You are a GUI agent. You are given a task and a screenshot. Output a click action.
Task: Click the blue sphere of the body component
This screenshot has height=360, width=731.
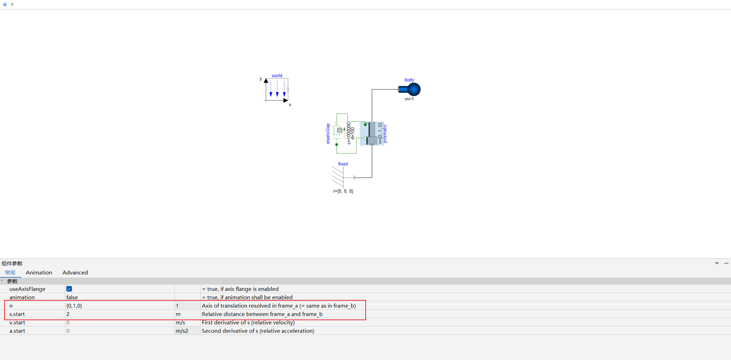[x=414, y=89]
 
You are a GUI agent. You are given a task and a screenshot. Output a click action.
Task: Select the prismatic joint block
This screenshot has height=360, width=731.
[x=372, y=133]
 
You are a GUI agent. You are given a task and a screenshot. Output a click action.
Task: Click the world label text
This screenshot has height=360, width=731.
[x=277, y=75]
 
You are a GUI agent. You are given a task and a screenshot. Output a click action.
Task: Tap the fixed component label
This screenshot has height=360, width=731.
[x=343, y=164]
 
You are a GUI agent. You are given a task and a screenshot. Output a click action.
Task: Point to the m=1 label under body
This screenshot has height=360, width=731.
[x=409, y=99]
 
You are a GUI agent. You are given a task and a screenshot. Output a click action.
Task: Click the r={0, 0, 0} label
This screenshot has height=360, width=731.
[x=343, y=191]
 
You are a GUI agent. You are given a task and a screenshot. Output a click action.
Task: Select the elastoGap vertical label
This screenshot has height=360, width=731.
[x=328, y=133]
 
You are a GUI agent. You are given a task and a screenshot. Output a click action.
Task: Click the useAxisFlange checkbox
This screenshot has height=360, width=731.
[x=69, y=289]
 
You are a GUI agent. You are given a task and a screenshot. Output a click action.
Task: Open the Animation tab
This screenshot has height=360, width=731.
[x=39, y=273]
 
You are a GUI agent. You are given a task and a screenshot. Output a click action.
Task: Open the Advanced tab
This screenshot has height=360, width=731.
[x=75, y=273]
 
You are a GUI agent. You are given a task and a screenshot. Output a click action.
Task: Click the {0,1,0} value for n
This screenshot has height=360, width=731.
[x=74, y=306]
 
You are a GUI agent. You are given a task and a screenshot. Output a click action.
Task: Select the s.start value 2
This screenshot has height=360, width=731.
[x=68, y=314]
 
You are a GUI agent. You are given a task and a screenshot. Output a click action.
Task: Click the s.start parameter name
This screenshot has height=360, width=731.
[x=17, y=314]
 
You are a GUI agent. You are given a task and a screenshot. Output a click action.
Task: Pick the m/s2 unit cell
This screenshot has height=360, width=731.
[x=182, y=331]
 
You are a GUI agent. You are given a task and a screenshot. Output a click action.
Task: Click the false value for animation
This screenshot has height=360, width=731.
[x=72, y=297]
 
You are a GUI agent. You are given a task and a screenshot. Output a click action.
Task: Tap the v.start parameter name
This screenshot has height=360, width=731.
[x=17, y=323]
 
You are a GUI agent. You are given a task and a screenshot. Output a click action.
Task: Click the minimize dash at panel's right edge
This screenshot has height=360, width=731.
[x=726, y=263]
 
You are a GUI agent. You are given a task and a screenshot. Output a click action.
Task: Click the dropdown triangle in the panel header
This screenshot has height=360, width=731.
[x=717, y=263]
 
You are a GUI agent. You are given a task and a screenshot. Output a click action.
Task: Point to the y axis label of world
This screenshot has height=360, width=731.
[x=261, y=79]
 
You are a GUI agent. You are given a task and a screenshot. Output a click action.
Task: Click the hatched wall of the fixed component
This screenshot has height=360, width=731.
[x=338, y=177]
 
